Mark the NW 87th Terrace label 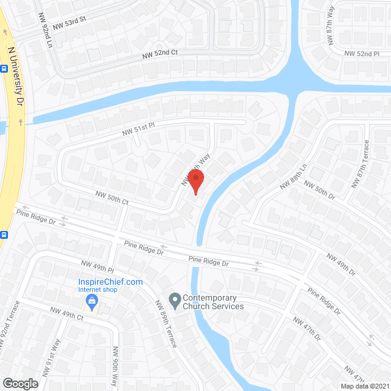point(360,164)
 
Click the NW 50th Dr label point(320,192)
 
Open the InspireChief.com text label point(110,282)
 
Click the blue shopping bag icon point(92,300)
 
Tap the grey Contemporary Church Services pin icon point(175,299)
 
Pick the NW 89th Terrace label point(166,324)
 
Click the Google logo point(20,383)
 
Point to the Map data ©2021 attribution point(365,386)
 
